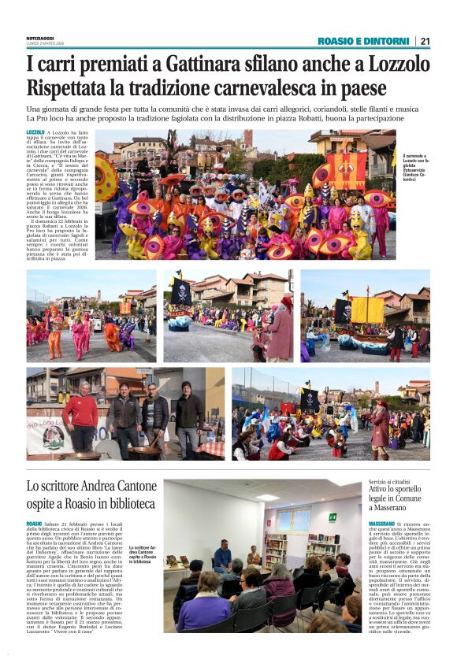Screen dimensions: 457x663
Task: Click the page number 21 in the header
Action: pos(425,41)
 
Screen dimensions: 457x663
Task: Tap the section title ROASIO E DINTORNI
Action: pos(363,41)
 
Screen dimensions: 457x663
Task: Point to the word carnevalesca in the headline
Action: pos(260,87)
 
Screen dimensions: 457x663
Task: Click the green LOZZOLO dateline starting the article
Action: pos(35,133)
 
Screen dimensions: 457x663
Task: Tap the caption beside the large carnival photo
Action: pos(414,167)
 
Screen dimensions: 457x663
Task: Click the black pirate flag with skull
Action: pos(181,291)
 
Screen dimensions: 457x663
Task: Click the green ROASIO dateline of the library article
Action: pos(34,524)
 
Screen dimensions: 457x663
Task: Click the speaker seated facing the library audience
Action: pos(223,557)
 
